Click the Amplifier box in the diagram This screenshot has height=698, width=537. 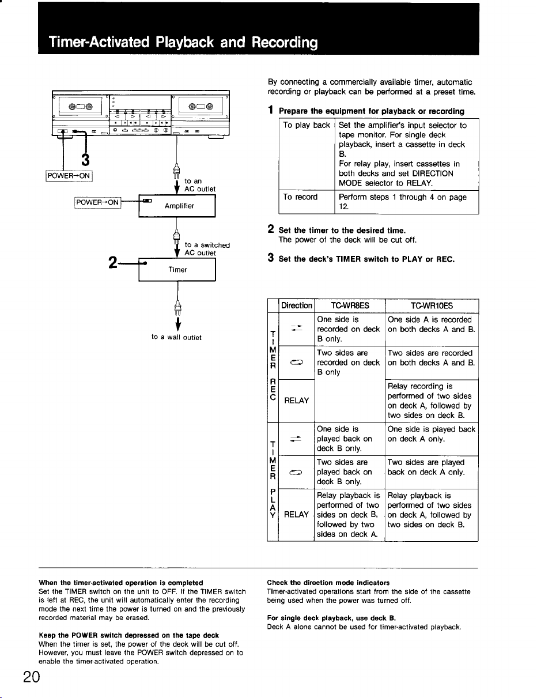click(177, 206)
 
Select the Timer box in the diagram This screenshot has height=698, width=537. click(177, 270)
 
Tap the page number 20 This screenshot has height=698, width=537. click(32, 677)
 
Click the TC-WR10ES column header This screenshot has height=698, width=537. click(432, 305)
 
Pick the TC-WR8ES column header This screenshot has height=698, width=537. click(350, 305)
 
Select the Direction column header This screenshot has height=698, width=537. click(297, 305)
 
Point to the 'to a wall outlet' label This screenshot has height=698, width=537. click(176, 337)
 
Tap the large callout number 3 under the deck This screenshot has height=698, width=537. click(85, 160)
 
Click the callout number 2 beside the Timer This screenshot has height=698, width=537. click(113, 263)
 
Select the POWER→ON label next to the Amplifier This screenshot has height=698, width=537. click(97, 202)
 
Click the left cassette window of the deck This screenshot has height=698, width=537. click(80, 106)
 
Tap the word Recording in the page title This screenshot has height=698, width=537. click(285, 43)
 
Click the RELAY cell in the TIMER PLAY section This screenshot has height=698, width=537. click(296, 515)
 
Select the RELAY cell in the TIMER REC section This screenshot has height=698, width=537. click(297, 401)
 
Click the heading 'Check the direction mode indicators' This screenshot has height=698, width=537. click(328, 583)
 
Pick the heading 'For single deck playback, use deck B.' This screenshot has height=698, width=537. click(331, 618)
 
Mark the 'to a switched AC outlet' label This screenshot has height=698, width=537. click(207, 249)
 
